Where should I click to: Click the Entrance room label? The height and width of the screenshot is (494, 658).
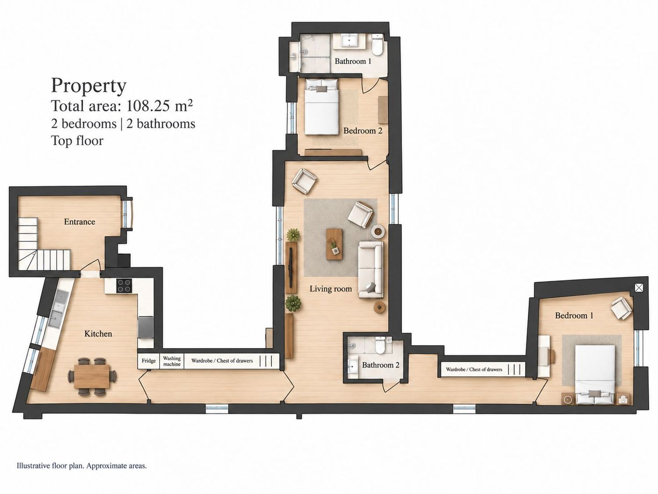click(x=79, y=222)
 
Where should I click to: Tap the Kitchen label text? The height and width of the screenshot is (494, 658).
click(x=98, y=334)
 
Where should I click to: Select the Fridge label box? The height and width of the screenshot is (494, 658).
click(x=149, y=361)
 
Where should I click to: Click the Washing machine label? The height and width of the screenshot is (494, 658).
click(x=172, y=361)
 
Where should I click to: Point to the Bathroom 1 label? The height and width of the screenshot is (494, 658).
click(x=353, y=61)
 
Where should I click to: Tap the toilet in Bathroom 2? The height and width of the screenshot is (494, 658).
click(x=380, y=346)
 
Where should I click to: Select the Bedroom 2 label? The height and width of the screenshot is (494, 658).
click(x=363, y=131)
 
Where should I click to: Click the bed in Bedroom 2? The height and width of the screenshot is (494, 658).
click(x=322, y=107)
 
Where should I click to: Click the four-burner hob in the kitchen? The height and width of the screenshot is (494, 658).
click(x=124, y=285)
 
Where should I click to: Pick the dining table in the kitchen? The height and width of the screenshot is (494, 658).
click(x=92, y=376)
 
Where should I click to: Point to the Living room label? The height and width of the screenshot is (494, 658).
click(x=331, y=289)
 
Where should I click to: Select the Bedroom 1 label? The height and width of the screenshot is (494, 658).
click(x=574, y=316)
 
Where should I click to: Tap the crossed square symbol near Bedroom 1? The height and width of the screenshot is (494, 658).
click(x=639, y=288)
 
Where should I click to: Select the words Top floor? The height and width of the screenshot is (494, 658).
click(x=77, y=141)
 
